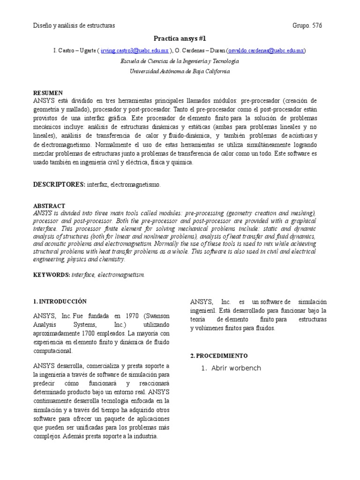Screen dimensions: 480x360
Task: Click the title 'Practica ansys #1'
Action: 180,38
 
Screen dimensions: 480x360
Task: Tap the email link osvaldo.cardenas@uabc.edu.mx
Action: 266,51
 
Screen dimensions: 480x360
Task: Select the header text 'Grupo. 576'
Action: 307,25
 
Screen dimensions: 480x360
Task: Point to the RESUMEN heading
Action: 47,93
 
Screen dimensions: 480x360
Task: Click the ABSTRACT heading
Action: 49,206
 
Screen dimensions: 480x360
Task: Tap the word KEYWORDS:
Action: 52,275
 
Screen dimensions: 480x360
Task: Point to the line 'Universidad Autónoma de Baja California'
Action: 180,71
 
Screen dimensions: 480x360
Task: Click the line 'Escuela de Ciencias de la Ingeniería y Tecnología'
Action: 180,61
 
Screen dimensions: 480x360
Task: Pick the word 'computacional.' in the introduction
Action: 53,351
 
